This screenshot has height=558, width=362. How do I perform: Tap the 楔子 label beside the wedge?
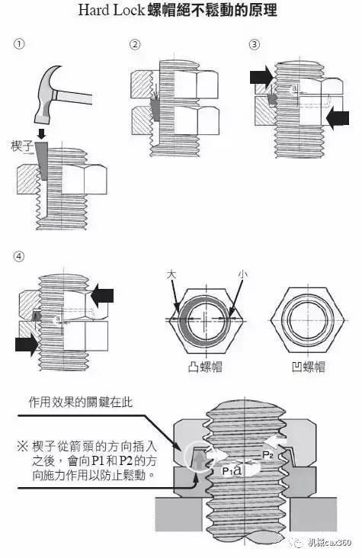(x=24, y=144)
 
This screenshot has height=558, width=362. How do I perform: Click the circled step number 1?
(x=19, y=44)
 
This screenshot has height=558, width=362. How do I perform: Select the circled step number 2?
(x=135, y=44)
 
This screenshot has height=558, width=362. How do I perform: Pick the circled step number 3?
(x=254, y=44)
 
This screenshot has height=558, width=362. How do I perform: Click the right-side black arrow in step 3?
(x=337, y=117)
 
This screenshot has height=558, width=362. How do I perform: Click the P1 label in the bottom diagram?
(x=227, y=471)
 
